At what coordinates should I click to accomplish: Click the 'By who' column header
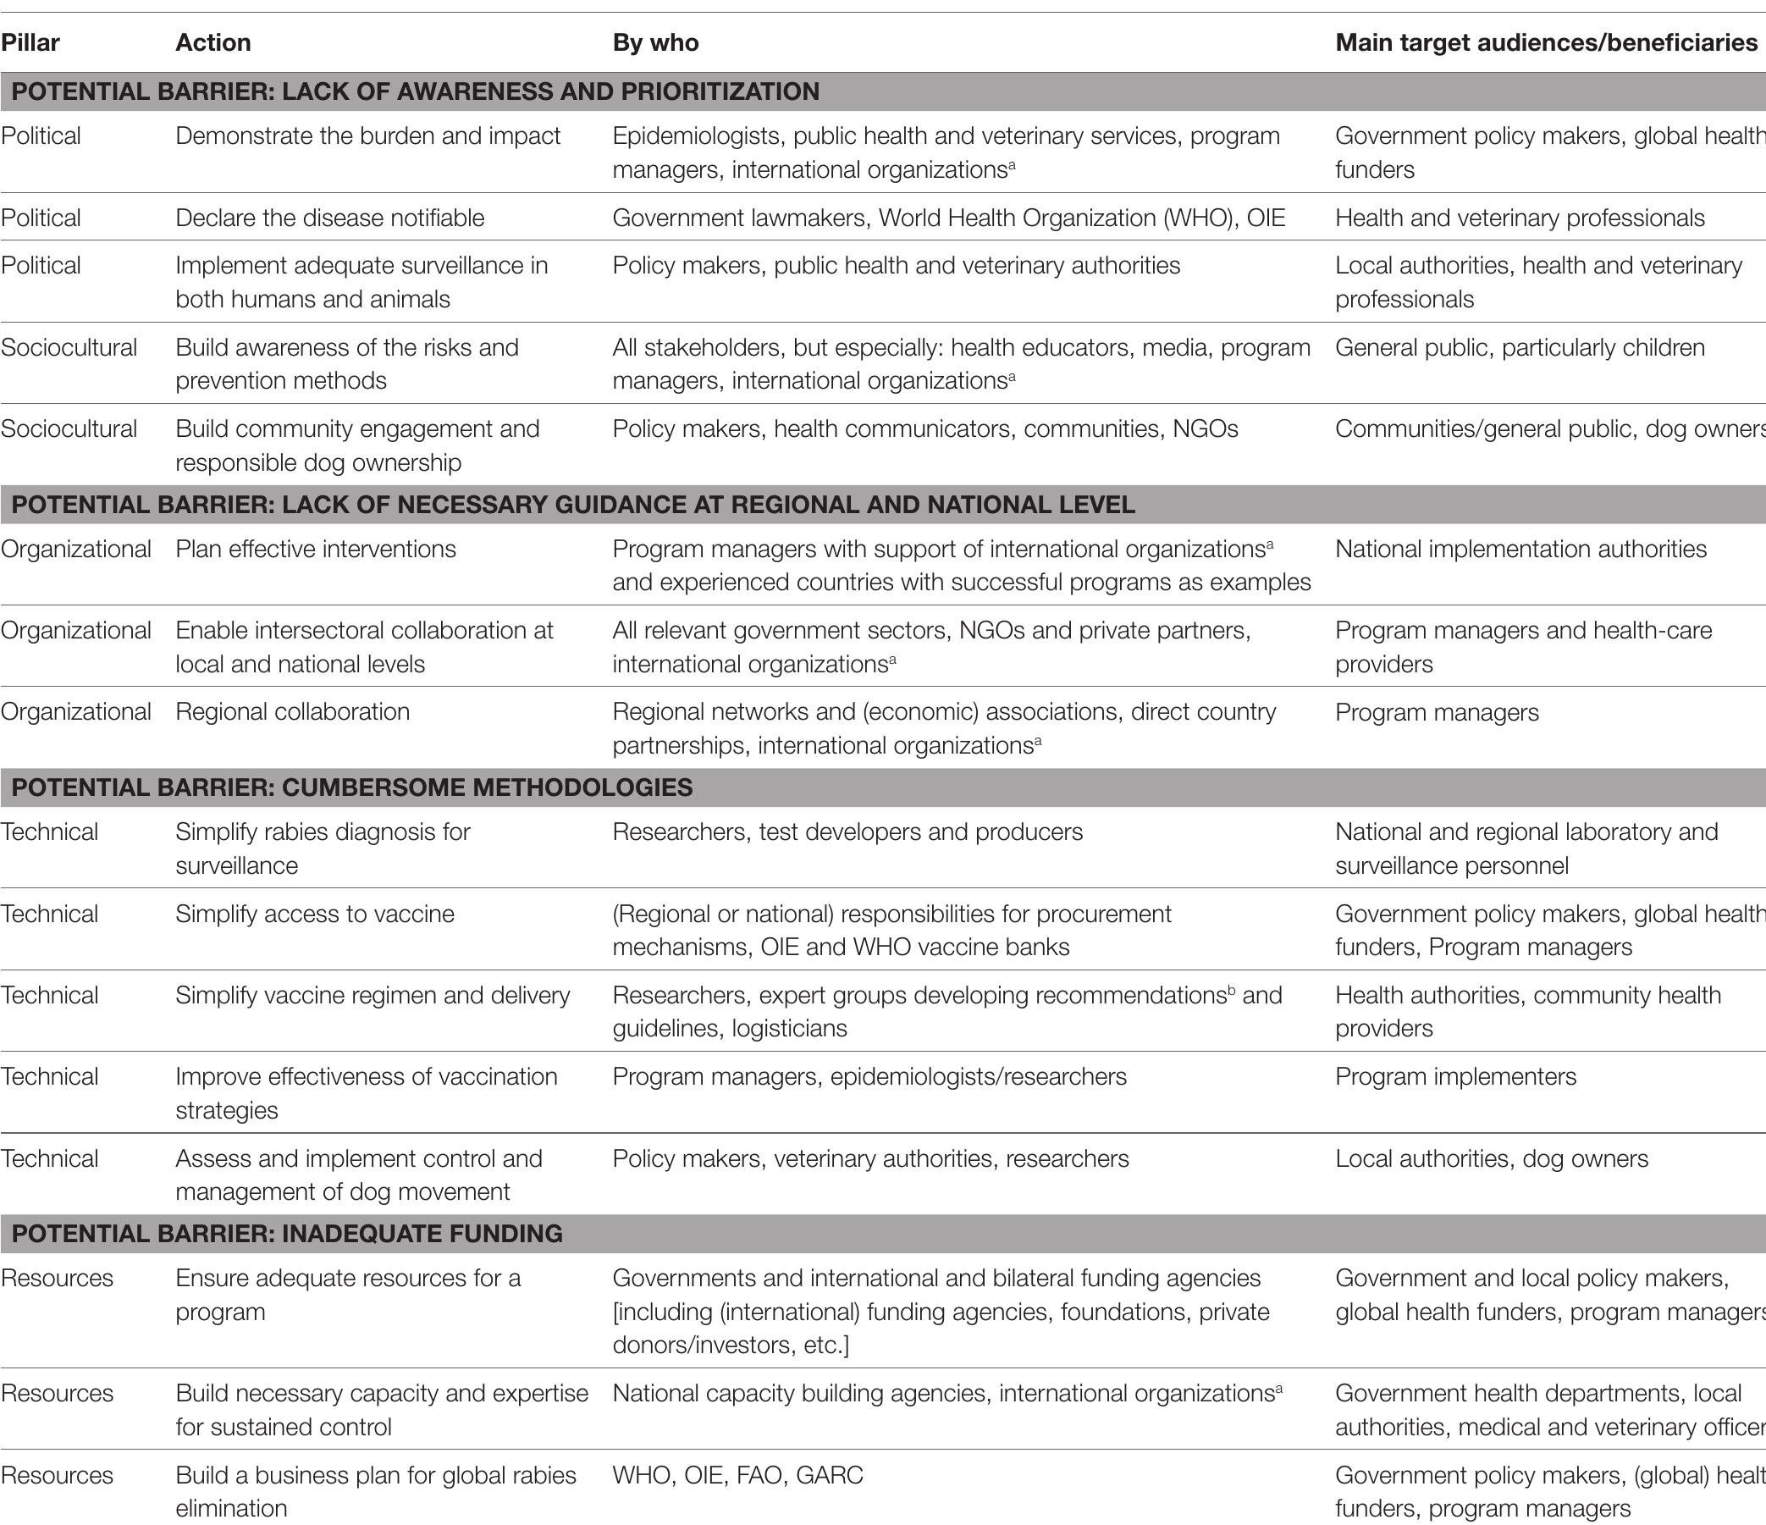point(655,42)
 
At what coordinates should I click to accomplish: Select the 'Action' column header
point(213,42)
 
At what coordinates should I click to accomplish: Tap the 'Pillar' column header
point(30,42)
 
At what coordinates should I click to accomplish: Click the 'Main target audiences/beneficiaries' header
point(1546,42)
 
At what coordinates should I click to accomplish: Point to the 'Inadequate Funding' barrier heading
point(287,1234)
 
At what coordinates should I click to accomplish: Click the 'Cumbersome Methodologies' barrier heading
point(352,787)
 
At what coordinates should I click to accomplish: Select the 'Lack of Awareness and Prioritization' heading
point(415,91)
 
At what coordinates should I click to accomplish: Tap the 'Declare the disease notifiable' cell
point(330,218)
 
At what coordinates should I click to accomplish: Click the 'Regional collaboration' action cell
point(292,712)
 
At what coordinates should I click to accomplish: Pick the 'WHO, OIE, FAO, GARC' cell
point(738,1475)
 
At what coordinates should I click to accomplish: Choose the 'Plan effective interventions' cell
point(315,549)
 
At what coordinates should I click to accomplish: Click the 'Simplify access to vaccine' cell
point(314,914)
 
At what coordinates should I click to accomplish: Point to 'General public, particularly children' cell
point(1520,347)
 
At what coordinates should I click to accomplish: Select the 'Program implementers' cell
point(1456,1076)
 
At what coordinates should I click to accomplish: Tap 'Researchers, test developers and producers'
point(847,832)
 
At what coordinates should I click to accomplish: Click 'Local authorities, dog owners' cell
point(1492,1158)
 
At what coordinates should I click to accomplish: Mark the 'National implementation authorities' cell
point(1520,549)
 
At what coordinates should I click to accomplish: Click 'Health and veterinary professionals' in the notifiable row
point(1520,218)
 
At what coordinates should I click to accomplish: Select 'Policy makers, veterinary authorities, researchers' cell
point(870,1158)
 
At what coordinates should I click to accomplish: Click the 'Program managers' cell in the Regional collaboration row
point(1437,712)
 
